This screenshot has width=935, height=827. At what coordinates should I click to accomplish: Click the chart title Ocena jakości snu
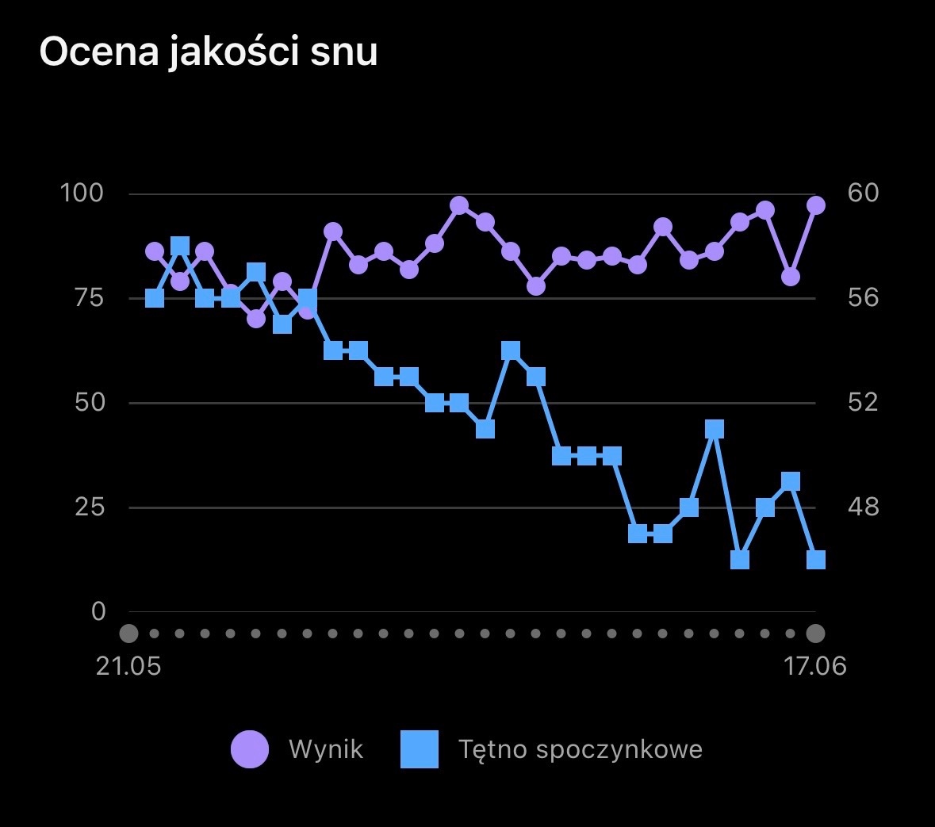coord(208,52)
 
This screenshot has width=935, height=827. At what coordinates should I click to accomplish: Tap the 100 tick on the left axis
coord(82,193)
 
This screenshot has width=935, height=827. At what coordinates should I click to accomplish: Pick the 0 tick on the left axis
coord(98,611)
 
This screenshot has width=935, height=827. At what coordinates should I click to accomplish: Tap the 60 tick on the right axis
coord(862,193)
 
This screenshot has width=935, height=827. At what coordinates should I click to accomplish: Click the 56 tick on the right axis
coord(862,298)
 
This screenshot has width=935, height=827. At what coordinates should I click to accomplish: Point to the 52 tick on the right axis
coord(862,402)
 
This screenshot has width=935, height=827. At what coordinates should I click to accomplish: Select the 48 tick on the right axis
coord(862,507)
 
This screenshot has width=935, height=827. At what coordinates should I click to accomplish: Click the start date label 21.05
coord(128,666)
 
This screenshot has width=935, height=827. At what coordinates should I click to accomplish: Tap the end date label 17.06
coord(815,666)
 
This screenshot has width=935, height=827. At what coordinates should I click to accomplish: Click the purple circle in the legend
coord(250,749)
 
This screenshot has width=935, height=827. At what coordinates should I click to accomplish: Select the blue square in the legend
coord(420,749)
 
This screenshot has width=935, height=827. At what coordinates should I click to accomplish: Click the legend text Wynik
coord(326,749)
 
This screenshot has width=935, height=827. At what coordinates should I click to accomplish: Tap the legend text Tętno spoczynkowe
coord(581,749)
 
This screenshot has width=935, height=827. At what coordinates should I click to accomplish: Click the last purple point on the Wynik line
coord(816,205)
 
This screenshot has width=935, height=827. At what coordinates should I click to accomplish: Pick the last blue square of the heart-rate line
coord(816,560)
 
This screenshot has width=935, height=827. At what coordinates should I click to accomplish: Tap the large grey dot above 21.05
coord(128,634)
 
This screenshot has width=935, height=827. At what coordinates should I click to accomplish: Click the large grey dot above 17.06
coord(815,634)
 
